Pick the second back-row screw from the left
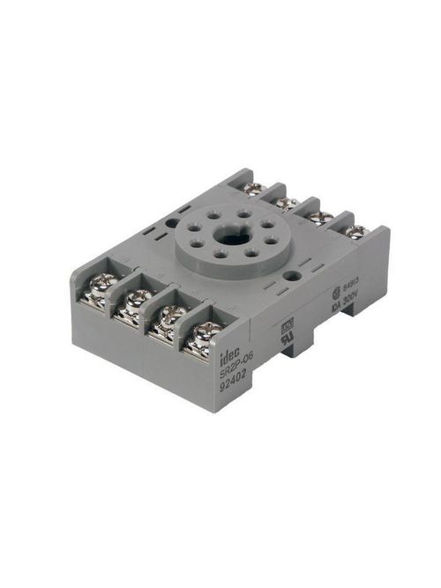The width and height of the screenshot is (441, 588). pos(286,203)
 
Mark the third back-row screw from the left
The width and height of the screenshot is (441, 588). pos(321,217)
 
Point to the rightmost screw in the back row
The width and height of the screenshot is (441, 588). pos(355,232)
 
